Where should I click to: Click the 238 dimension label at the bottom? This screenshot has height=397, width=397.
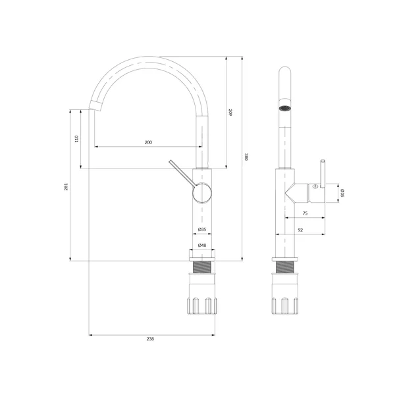coord(150,339)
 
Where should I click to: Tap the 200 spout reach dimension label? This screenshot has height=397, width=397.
coord(148,143)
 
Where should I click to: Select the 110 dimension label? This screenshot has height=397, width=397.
coord(77,139)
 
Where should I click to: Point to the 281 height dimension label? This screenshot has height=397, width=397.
coord(66,186)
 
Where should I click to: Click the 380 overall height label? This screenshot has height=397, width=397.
coord(245,157)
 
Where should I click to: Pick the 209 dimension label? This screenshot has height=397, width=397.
coord(230,113)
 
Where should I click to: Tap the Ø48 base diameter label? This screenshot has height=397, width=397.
coord(202,245)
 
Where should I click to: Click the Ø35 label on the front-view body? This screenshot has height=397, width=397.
coord(202,229)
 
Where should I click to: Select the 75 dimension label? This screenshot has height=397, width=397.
coord(305,213)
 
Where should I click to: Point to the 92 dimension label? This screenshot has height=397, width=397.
coord(300,230)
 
